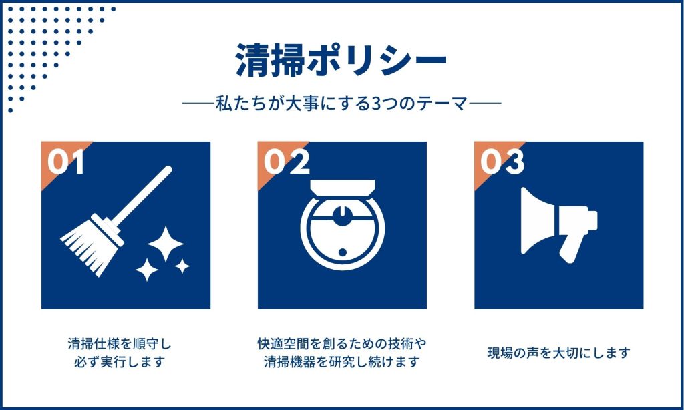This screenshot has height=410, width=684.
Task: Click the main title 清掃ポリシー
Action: click(341, 61)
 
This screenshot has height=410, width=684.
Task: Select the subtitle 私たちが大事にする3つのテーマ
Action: click(341, 104)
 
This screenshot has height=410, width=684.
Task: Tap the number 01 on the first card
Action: click(66, 162)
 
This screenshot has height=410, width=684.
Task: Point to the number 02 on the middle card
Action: click(287, 162)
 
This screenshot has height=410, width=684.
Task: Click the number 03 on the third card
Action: click(502, 162)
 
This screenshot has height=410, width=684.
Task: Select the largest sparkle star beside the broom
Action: click(166, 244)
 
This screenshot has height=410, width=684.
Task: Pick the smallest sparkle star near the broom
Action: click(182, 266)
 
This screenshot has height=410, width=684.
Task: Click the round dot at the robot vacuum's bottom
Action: click(343, 252)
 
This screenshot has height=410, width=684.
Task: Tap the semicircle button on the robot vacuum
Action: click(343, 216)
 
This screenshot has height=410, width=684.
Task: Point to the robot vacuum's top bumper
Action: click(343, 188)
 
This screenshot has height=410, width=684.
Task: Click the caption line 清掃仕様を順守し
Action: click(120, 344)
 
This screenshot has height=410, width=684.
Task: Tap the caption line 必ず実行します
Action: click(120, 361)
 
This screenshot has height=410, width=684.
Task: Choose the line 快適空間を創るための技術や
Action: click(342, 344)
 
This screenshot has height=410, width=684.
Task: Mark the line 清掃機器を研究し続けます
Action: click(342, 361)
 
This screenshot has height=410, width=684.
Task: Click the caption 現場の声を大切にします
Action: click(559, 353)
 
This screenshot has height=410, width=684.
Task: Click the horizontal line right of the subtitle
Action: click(485, 104)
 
